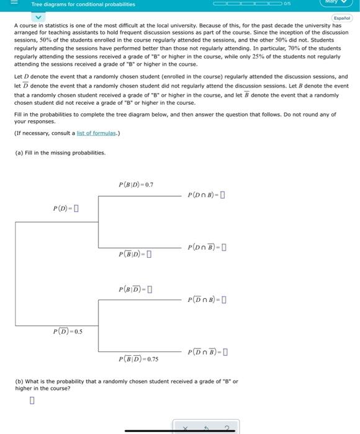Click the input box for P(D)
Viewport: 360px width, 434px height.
76,208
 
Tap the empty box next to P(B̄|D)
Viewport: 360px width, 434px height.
150,254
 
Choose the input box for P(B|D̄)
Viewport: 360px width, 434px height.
150,289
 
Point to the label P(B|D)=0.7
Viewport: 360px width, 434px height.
135,184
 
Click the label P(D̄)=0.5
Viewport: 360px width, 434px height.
68,332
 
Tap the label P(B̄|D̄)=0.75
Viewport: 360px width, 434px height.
138,359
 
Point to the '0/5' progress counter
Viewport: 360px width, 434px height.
288,4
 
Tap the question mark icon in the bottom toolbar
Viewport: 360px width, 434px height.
227,428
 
